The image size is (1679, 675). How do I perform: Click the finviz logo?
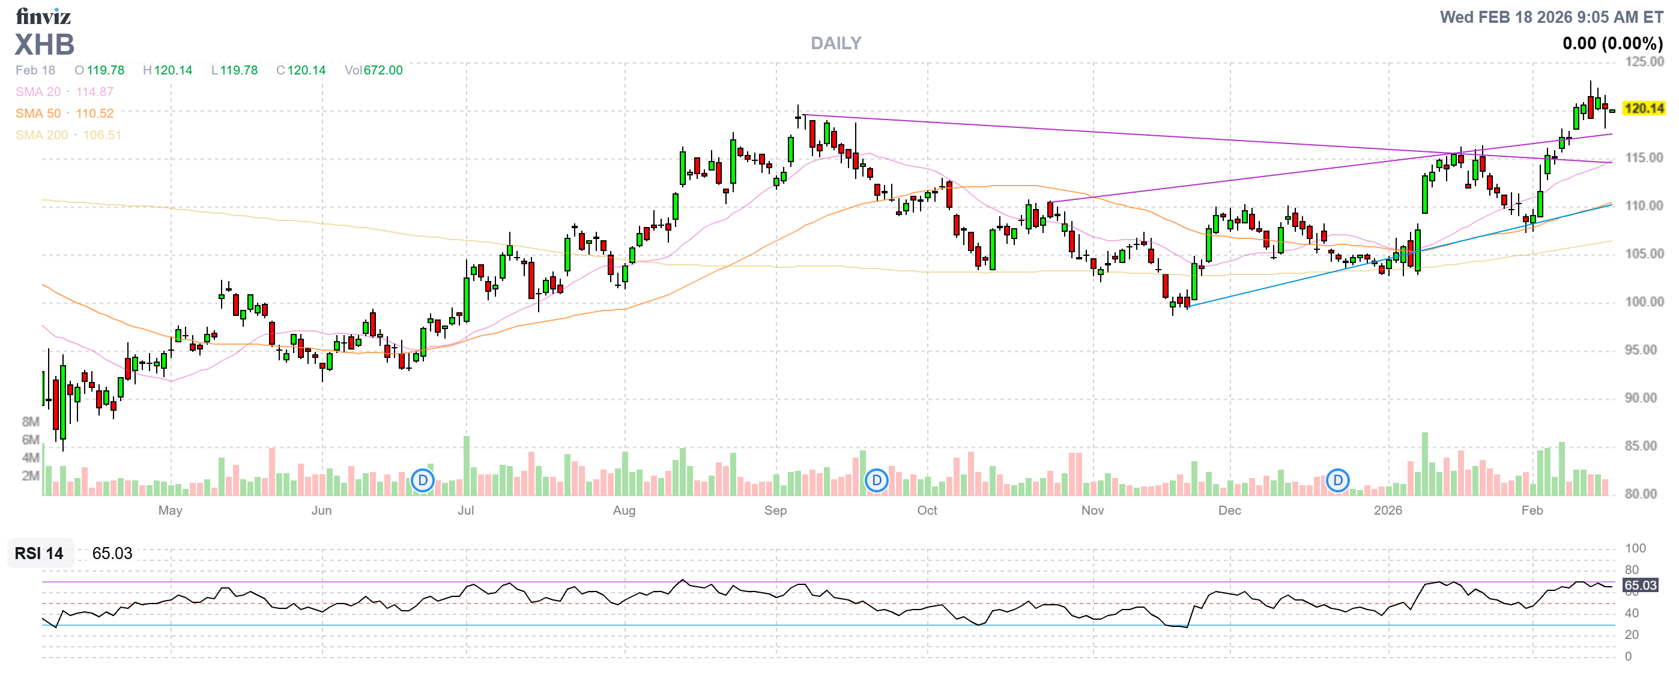coord(43,16)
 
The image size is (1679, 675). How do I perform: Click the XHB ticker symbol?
coord(44,45)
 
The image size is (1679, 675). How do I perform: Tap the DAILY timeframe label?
coord(835,44)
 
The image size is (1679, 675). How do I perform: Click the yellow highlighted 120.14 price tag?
coord(1643,108)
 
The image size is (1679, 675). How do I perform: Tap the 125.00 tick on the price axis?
coord(1644,62)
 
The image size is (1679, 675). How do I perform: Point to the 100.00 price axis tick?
coord(1644,301)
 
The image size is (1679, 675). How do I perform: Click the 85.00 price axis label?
coord(1644,446)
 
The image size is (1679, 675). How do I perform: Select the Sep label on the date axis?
coord(776,510)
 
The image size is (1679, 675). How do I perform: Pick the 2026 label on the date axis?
coord(1388,510)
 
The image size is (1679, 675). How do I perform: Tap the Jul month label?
coord(465,510)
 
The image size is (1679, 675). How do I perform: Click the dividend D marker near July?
coord(423,481)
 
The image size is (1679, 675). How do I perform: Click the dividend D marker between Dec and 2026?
coord(1337,481)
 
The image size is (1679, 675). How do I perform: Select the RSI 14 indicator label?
coord(39,553)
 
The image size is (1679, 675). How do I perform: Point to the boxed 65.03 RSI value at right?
coord(1640,585)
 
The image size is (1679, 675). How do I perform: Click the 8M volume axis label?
coord(31,422)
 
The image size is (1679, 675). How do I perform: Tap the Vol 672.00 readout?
coord(374,70)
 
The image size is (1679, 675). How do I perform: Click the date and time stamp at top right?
coord(1550,17)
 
